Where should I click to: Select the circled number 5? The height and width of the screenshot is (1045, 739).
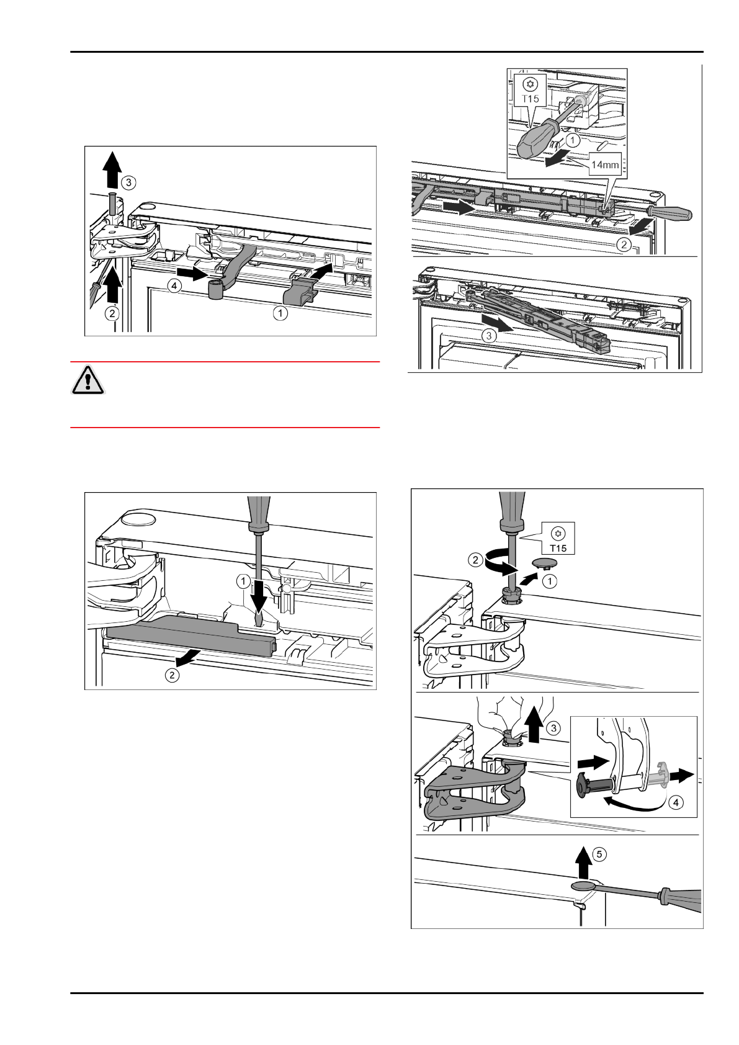(599, 854)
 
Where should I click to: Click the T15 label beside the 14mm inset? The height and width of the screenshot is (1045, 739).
(529, 98)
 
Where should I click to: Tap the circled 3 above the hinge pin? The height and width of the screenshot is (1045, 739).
(127, 182)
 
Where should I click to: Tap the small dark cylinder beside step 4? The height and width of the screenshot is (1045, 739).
(215, 289)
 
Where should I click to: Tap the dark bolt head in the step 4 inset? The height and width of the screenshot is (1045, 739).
(584, 788)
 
